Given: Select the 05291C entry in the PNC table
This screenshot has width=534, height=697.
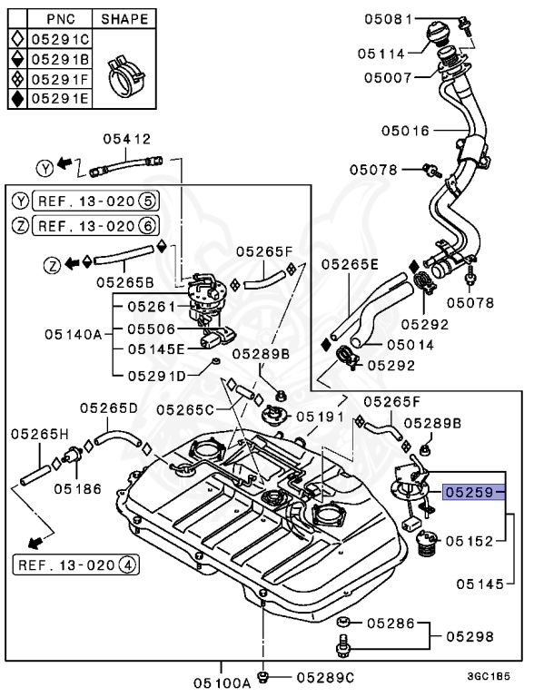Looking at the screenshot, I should (x=61, y=39).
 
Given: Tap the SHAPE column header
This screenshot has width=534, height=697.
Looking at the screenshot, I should (x=125, y=19).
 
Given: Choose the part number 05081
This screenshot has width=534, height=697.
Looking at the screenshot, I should (x=389, y=18).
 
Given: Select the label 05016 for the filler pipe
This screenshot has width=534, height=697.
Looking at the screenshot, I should (x=404, y=131).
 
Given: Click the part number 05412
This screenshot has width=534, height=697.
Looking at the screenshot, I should (x=127, y=140).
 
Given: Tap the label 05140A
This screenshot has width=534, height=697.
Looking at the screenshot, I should (x=72, y=332).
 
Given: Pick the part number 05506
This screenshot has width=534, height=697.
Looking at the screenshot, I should (x=151, y=329).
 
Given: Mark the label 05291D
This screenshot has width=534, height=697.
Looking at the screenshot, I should (x=155, y=374).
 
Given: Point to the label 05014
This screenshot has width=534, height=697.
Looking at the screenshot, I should (x=410, y=344).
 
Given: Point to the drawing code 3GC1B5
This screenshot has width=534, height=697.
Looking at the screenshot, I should (x=489, y=677).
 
